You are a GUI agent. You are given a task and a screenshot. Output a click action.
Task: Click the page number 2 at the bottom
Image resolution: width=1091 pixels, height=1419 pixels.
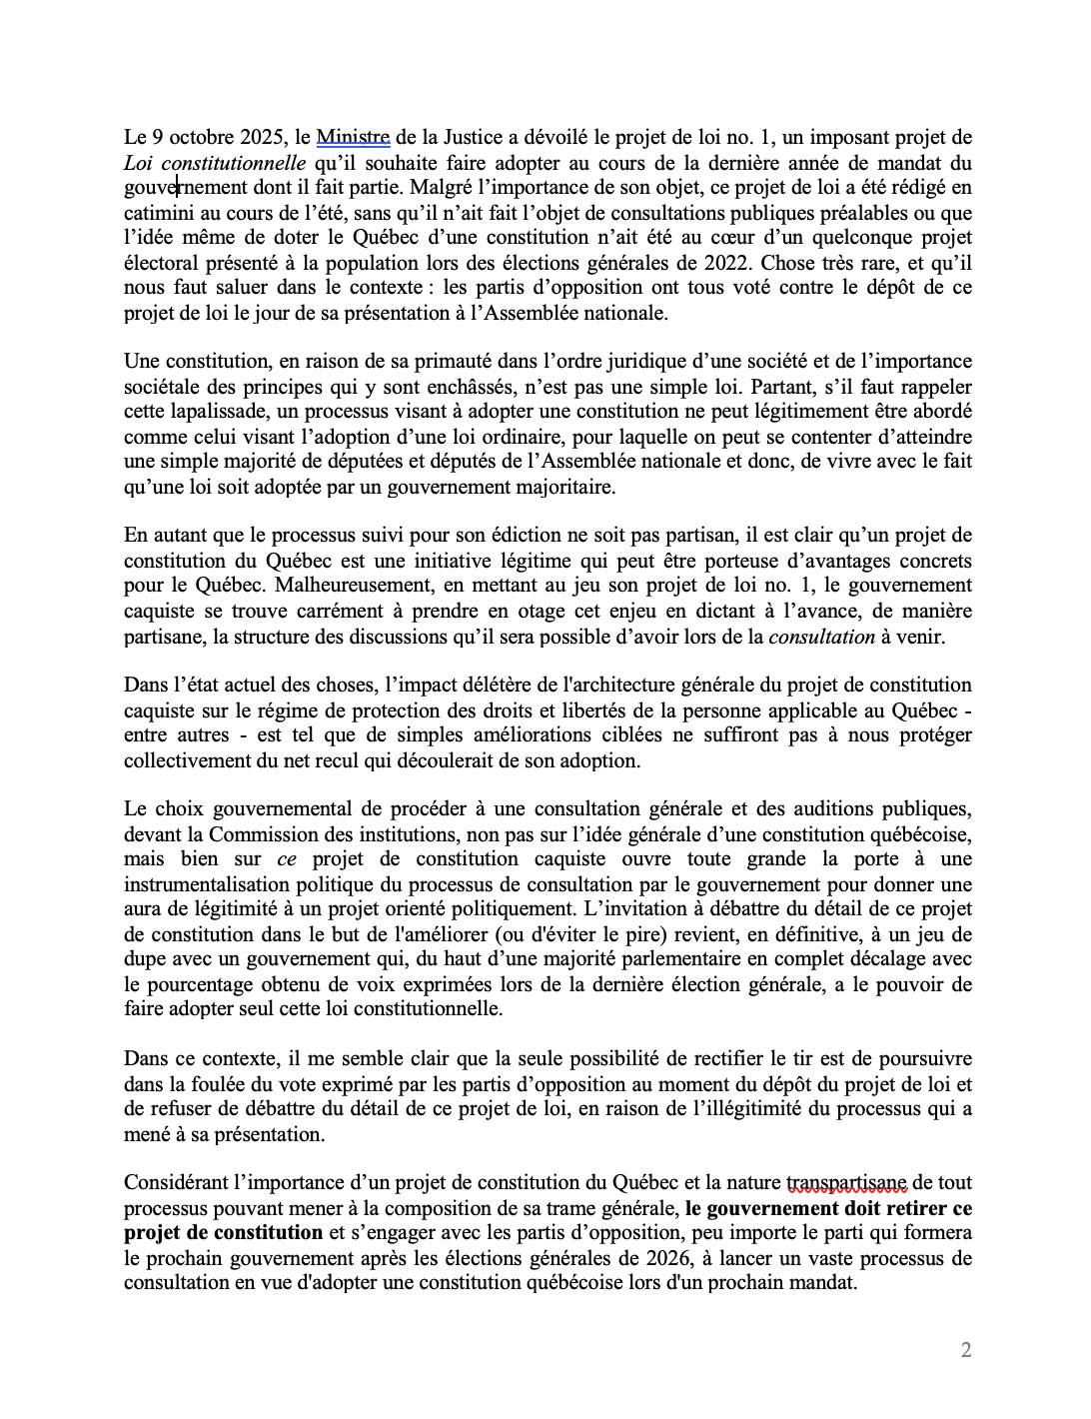965,1350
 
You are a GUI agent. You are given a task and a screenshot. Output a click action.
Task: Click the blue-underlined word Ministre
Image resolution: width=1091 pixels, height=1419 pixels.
353,137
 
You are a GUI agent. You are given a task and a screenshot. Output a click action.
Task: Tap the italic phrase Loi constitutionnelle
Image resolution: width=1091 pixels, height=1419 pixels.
215,162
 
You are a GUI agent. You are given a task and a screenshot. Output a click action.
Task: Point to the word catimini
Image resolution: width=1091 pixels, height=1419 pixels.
161,212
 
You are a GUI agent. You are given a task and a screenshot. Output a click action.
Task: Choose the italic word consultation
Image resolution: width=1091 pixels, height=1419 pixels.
821,635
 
